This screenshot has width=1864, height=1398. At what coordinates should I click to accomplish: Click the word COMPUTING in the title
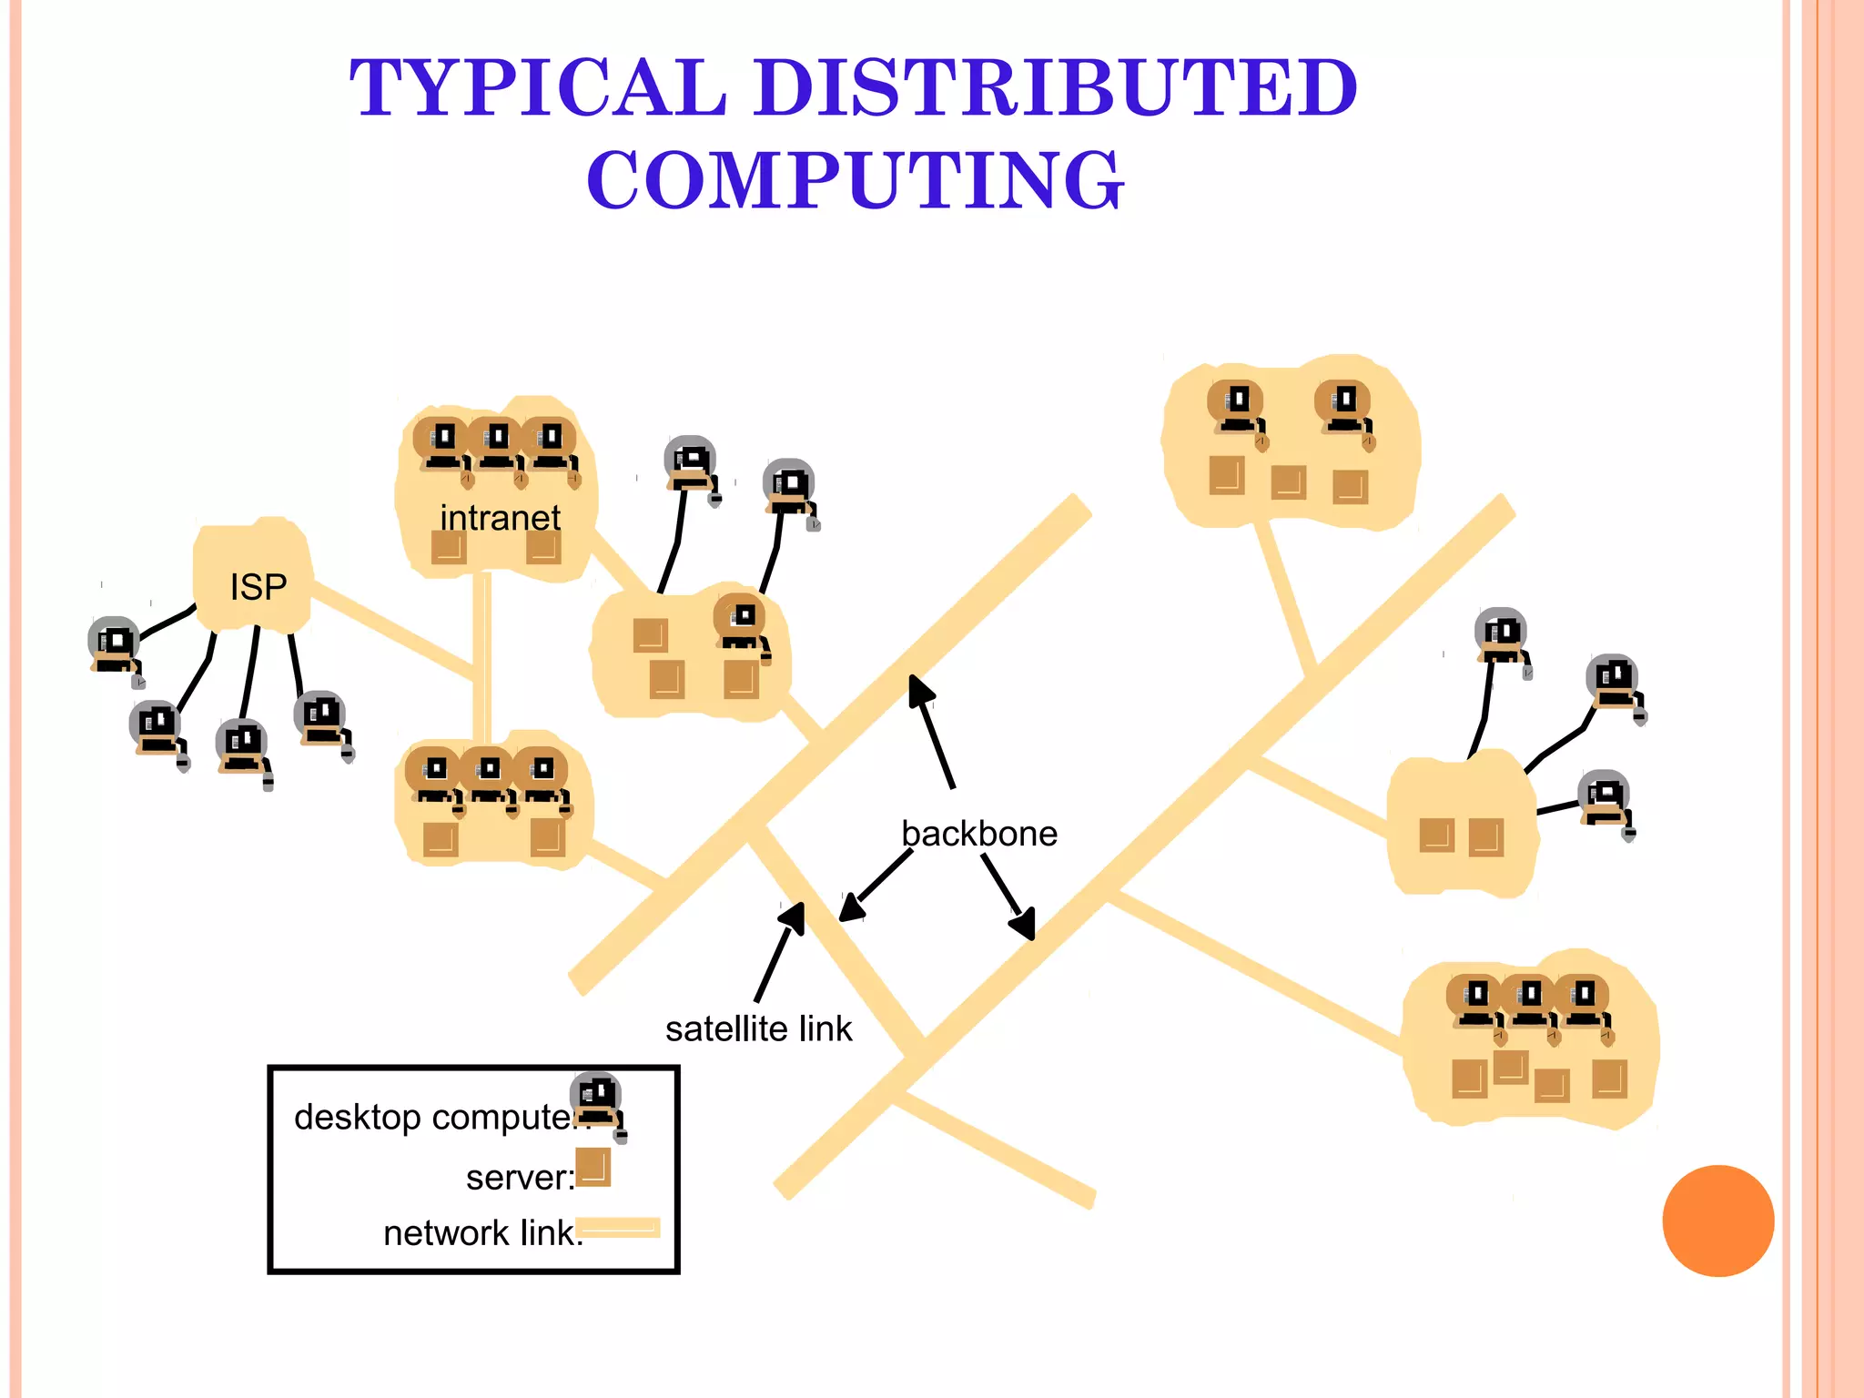pos(856,180)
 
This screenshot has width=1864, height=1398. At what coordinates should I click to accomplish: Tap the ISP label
pos(258,587)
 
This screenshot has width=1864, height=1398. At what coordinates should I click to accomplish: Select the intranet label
pos(500,518)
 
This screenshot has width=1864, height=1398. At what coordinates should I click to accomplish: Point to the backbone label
pos(978,834)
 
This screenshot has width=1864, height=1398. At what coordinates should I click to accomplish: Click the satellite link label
pos(758,1029)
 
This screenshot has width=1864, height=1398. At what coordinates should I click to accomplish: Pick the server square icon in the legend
pos(593,1167)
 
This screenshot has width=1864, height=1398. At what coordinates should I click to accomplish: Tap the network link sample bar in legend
pos(618,1228)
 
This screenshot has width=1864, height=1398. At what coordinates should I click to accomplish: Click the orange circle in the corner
pos(1717,1221)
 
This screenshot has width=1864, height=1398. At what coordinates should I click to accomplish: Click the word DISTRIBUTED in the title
pos(1056,88)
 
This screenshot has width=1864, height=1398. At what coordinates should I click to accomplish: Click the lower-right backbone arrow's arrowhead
pos(1025,925)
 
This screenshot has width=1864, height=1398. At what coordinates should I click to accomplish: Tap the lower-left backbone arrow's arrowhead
pos(850,909)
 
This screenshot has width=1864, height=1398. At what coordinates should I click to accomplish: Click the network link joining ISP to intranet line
pos(391,628)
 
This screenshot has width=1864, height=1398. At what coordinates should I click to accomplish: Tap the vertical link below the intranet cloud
pos(482,655)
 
